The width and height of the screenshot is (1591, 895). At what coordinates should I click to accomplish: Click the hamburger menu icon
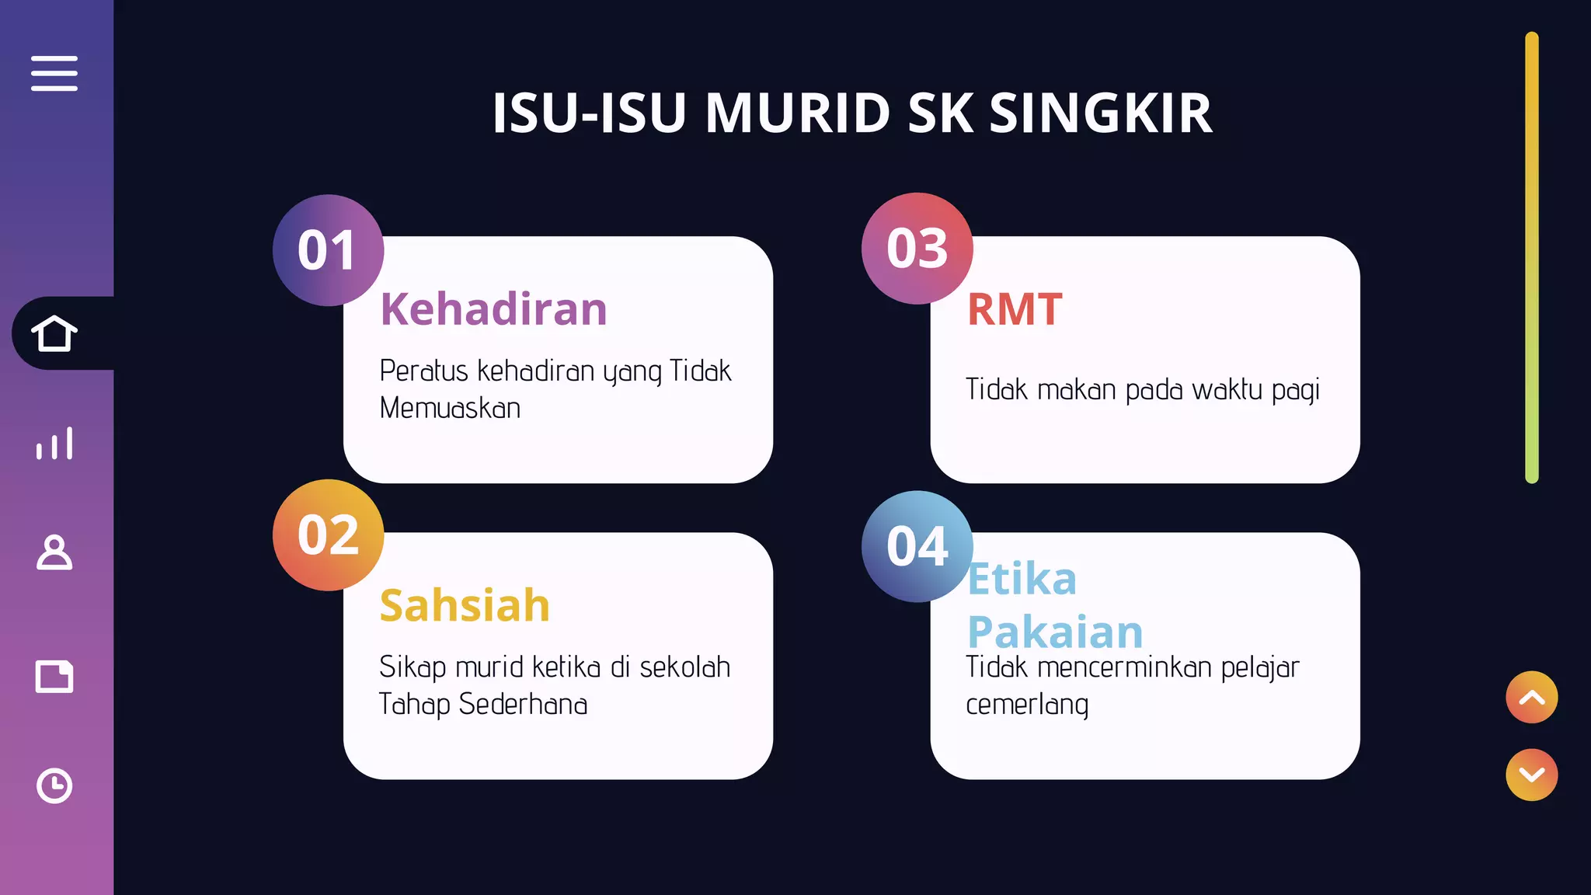coord(54,73)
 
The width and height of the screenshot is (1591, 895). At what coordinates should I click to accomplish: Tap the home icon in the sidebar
coord(54,333)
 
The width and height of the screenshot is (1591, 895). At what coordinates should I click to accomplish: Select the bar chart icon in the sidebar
coord(54,443)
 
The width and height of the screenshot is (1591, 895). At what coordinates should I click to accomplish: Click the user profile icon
coord(54,552)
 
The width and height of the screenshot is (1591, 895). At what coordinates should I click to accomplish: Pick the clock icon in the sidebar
coord(54,785)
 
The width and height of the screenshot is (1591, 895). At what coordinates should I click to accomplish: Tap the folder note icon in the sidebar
coord(54,676)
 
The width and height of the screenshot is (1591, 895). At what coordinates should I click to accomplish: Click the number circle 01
coord(328,250)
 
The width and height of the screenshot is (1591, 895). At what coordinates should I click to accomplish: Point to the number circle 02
coord(328,535)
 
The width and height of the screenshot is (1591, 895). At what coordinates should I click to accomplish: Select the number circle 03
coord(917,249)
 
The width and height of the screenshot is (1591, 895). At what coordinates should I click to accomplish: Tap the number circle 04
coord(917,546)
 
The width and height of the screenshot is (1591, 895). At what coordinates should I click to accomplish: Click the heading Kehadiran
coord(493,309)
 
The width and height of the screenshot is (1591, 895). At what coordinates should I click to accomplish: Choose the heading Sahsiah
coord(465,605)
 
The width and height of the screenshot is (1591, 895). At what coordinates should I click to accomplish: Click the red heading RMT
coord(1015,309)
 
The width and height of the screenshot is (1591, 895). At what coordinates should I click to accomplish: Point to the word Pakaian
coord(1055,632)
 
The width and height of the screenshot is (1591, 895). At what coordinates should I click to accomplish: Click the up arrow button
coord(1531,697)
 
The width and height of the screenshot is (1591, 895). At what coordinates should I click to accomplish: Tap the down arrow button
coord(1531,775)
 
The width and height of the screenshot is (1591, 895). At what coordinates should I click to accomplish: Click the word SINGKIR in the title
coord(1100,113)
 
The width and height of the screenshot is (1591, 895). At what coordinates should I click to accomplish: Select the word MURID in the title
coord(797,113)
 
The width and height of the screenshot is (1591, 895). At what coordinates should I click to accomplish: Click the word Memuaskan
coord(450,409)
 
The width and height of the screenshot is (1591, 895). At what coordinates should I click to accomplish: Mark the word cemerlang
coord(1027,705)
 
